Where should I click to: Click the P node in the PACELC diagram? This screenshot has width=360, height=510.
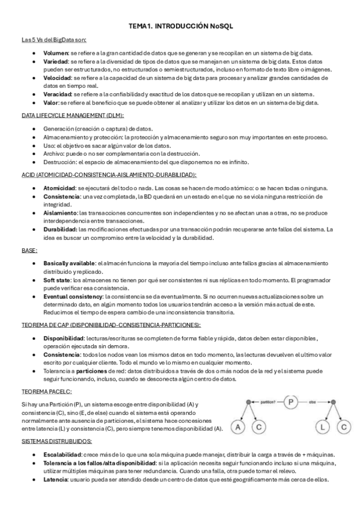tap(291, 402)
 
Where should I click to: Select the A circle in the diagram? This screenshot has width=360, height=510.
tap(239, 428)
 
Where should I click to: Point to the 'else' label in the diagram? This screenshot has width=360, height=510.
tap(313, 402)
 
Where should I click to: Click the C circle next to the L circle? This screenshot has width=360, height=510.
tap(343, 428)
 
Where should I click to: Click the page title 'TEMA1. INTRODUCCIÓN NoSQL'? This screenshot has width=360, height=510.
tap(180, 26)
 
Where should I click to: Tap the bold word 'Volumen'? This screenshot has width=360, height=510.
tap(56, 54)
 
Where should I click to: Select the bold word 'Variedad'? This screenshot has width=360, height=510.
tap(56, 62)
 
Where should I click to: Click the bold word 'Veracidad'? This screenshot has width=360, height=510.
tap(58, 94)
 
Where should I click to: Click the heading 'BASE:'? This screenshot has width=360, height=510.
tap(29, 250)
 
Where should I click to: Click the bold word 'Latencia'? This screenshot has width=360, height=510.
tap(56, 479)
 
